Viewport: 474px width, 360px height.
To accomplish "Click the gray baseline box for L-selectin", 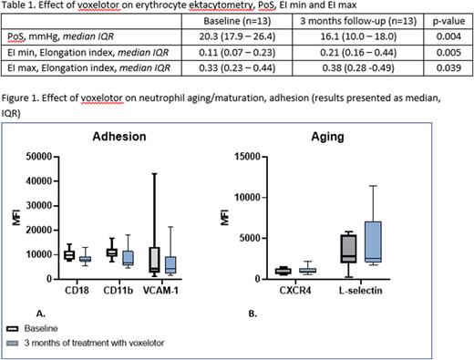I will coord(348,247).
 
